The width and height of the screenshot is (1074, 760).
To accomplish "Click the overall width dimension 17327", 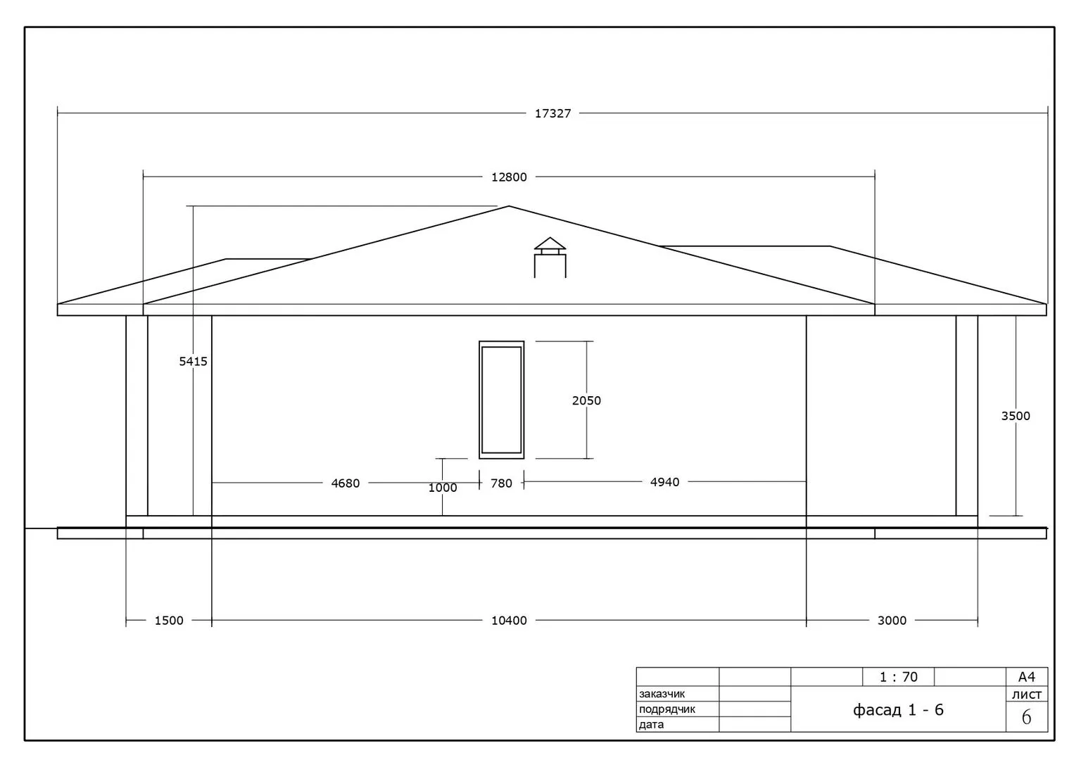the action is (x=552, y=113).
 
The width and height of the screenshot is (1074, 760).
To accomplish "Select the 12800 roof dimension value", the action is (x=509, y=177).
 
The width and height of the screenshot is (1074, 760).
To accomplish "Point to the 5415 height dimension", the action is (x=194, y=362).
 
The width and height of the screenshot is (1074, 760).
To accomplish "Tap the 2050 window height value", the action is (x=586, y=401).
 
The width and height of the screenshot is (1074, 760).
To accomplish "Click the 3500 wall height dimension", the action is (x=1016, y=416).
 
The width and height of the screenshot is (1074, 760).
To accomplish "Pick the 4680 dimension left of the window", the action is (x=345, y=483).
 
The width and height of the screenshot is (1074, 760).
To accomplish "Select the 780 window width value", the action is (x=501, y=483).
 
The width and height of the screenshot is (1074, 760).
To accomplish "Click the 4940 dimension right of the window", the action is (x=664, y=482).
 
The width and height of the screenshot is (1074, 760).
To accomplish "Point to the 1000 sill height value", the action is (x=442, y=488).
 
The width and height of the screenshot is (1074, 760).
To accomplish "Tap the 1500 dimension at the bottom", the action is (x=169, y=621).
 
